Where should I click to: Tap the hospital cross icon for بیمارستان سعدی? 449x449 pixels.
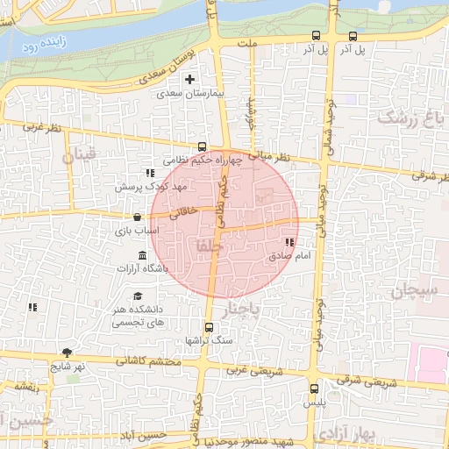tap(189, 80)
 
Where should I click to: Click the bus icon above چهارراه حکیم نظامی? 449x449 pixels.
tap(203, 147)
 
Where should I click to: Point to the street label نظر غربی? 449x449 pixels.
tap(44, 128)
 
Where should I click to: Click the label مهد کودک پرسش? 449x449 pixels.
tap(152, 188)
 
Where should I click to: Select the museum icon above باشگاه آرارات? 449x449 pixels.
tap(143, 254)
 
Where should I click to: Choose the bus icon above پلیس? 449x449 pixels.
tap(314, 388)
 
